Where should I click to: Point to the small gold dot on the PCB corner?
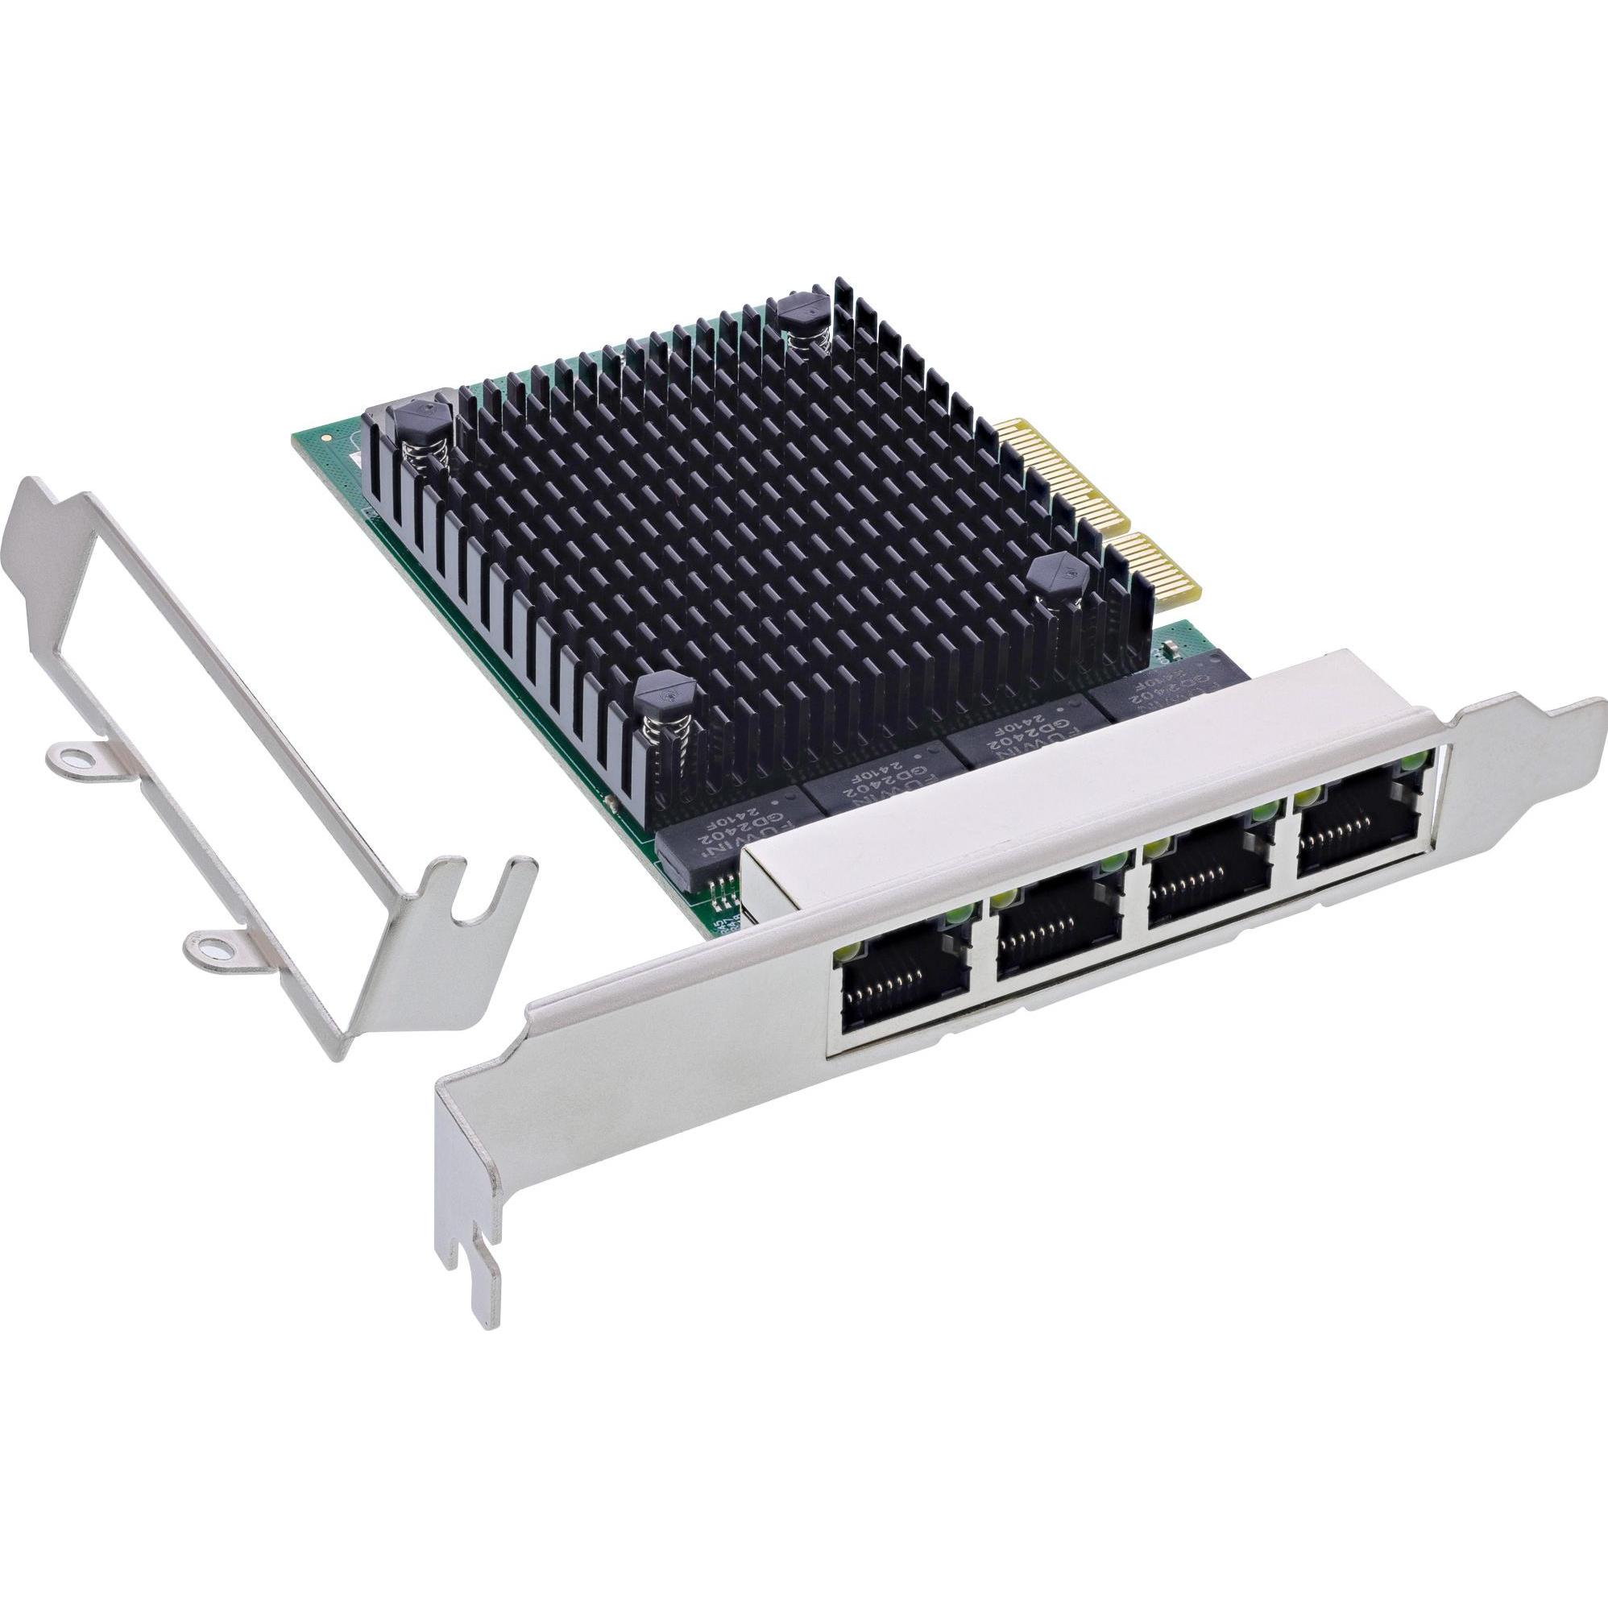pyautogui.click(x=334, y=434)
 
